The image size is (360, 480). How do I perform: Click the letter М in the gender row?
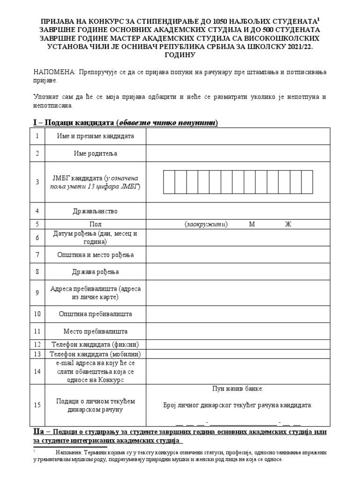(x=252, y=224)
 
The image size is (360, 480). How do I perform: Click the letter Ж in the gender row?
(x=288, y=224)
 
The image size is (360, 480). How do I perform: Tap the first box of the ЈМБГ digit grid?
(x=169, y=182)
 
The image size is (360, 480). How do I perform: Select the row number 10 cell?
(x=37, y=314)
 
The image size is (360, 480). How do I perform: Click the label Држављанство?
(x=95, y=211)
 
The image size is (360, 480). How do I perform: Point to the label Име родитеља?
(x=95, y=153)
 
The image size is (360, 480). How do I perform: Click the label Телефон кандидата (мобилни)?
(x=96, y=354)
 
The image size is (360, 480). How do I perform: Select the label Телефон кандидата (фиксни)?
(x=95, y=344)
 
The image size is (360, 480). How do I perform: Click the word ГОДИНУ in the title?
(x=180, y=54)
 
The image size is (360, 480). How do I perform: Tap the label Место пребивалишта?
(x=96, y=331)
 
